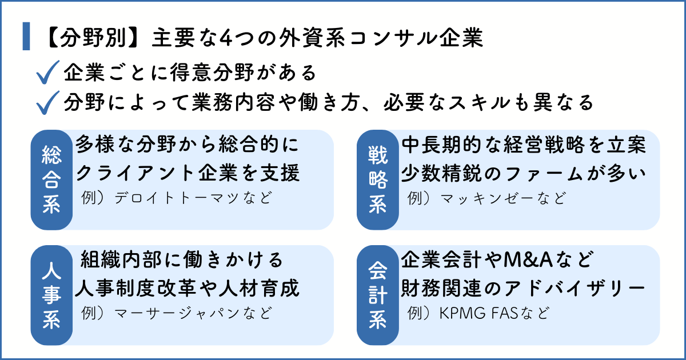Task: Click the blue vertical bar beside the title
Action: [x=26, y=37]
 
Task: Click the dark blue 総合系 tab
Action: [x=51, y=179]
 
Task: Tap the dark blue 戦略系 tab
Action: [x=377, y=179]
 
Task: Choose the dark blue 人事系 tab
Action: [x=51, y=295]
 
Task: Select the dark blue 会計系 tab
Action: [x=377, y=295]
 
